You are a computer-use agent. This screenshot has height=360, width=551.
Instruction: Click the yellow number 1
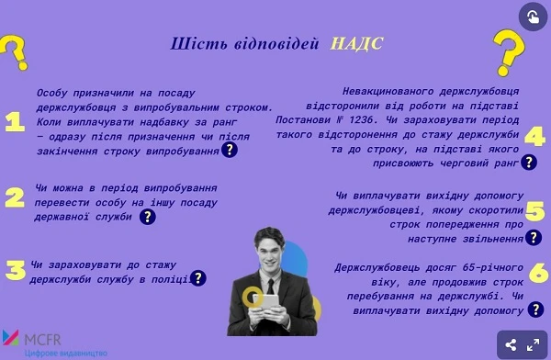click(14, 124)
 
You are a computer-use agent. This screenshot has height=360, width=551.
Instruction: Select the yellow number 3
click(15, 270)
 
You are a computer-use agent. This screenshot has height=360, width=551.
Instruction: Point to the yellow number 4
click(534, 138)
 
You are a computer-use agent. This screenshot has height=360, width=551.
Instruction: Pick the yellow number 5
click(535, 211)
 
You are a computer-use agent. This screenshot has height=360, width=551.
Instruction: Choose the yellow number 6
click(538, 273)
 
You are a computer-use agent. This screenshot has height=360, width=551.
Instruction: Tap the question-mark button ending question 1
click(230, 150)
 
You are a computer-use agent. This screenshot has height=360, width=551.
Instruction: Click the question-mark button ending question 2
click(147, 217)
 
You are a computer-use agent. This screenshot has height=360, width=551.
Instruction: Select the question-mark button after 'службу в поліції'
click(197, 277)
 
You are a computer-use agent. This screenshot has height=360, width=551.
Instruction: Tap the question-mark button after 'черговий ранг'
click(528, 163)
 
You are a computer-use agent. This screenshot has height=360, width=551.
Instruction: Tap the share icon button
click(511, 345)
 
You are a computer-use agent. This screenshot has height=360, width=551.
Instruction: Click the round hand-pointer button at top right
click(533, 17)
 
